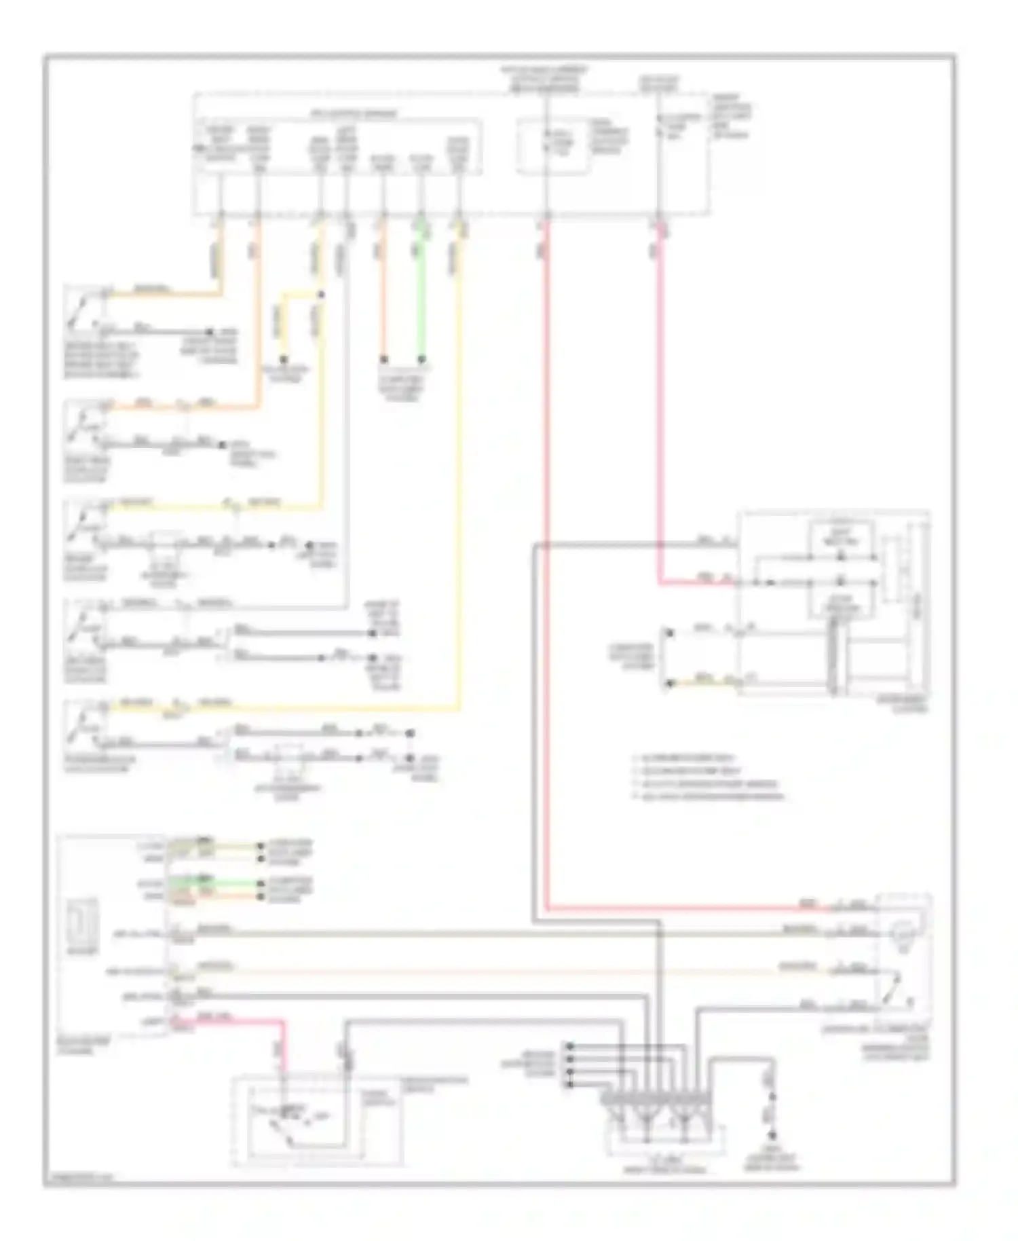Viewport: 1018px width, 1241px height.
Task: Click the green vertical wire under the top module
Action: pyautogui.click(x=421, y=292)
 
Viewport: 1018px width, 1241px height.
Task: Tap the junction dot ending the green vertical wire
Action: pyautogui.click(x=421, y=359)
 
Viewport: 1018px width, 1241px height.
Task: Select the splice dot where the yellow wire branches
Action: pyautogui.click(x=321, y=295)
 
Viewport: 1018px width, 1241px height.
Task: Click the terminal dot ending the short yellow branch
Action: pyautogui.click(x=284, y=359)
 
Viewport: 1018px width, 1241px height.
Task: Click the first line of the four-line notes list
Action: pyautogui.click(x=685, y=758)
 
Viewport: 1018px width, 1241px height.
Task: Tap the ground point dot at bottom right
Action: pyautogui.click(x=772, y=1135)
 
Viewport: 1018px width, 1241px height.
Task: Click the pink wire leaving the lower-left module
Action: pyautogui.click(x=238, y=1020)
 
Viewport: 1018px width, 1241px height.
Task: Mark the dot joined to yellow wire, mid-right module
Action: pyautogui.click(x=668, y=683)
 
